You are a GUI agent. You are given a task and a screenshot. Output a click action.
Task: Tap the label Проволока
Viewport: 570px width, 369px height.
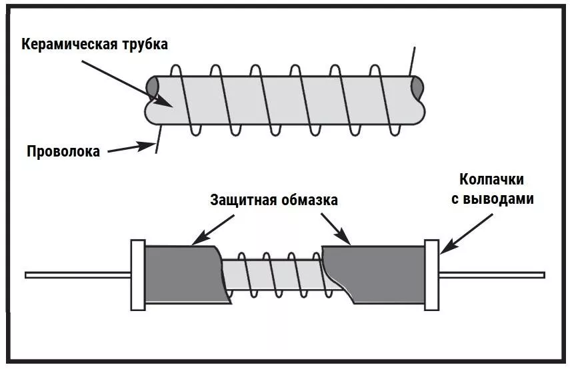pyautogui.click(x=63, y=151)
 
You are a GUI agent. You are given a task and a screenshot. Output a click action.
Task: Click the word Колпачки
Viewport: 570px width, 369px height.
pyautogui.click(x=491, y=179)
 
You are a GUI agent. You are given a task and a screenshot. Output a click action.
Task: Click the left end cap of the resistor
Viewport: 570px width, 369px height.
pyautogui.click(x=138, y=274)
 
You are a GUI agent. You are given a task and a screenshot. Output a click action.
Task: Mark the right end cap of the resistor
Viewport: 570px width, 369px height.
pyautogui.click(x=431, y=274)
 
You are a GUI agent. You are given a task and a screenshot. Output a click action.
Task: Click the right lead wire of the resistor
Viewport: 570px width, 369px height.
pyautogui.click(x=493, y=274)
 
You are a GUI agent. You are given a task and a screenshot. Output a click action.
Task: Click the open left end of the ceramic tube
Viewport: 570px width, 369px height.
pyautogui.click(x=153, y=87)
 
